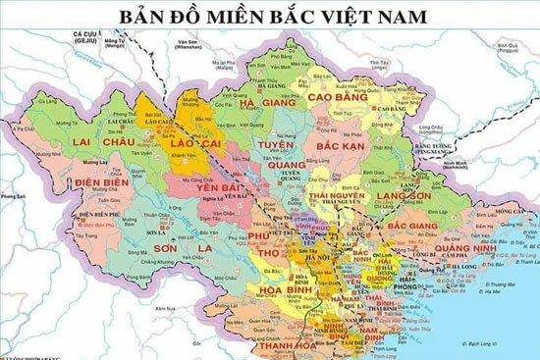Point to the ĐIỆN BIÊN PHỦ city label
click(x=98, y=214)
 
